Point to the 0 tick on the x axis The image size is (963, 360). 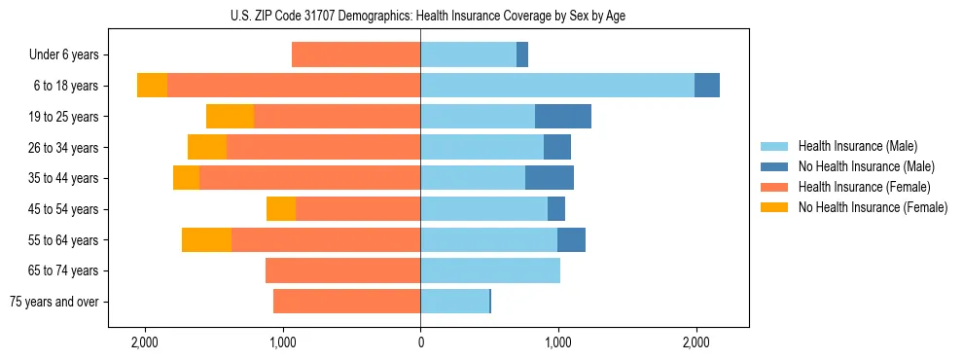click(420, 342)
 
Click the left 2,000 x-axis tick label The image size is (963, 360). click(145, 342)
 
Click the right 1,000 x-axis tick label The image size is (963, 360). click(557, 342)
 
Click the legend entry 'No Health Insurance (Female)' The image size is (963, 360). click(873, 207)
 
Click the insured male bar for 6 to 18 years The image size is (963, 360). click(557, 86)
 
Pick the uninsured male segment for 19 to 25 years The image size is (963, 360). click(563, 117)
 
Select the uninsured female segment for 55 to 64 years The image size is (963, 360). click(206, 240)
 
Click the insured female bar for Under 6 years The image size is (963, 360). click(356, 55)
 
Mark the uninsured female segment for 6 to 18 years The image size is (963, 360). click(152, 86)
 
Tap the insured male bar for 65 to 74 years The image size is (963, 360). click(490, 270)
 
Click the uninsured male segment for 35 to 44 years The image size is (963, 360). click(550, 178)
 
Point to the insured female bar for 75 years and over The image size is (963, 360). click(346, 302)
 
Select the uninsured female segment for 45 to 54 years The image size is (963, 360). click(281, 209)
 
